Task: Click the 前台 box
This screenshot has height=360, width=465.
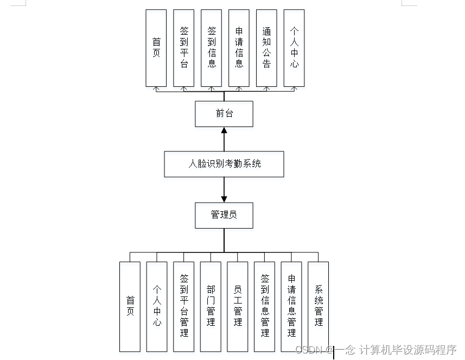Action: tap(224, 113)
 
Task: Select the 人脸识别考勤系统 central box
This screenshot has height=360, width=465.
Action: tap(224, 163)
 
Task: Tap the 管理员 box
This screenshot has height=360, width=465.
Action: tap(224, 215)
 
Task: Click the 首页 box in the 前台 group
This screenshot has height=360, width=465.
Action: tap(156, 48)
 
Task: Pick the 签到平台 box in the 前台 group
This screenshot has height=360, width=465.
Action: tap(184, 48)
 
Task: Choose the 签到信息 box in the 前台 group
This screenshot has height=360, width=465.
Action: tap(212, 48)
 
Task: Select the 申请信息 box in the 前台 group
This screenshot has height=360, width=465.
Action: tap(239, 48)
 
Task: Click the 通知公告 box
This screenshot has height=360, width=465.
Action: tap(266, 48)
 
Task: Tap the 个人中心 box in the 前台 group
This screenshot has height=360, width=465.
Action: tap(294, 48)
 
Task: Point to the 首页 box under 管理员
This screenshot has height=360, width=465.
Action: tap(130, 306)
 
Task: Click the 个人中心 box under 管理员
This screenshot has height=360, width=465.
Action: tap(157, 306)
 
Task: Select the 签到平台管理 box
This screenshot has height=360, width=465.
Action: tap(184, 306)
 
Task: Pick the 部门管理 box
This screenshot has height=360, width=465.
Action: tap(211, 306)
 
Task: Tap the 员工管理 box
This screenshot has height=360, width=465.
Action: tap(238, 306)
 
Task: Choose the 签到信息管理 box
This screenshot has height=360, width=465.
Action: tap(265, 306)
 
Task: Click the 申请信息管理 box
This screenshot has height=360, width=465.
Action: tap(291, 306)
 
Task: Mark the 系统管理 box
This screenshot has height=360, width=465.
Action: tap(319, 306)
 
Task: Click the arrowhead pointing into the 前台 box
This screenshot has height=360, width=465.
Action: tap(224, 130)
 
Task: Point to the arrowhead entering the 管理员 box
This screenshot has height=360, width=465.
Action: tap(224, 198)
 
